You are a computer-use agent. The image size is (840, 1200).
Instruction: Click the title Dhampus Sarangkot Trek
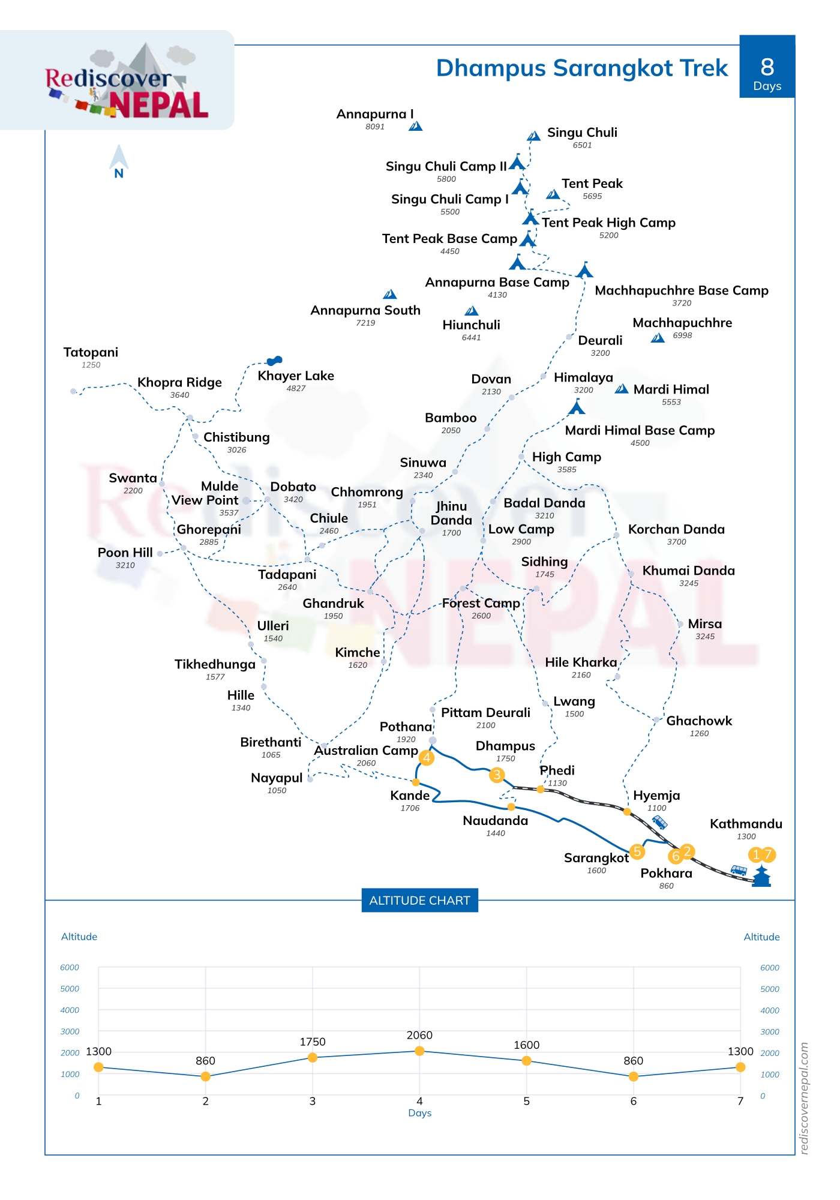(x=581, y=68)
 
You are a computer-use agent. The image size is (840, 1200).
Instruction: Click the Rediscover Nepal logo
(x=128, y=83)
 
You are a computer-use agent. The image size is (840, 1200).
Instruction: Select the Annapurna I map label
(x=375, y=114)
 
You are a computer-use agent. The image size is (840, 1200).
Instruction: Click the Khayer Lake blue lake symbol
(x=275, y=361)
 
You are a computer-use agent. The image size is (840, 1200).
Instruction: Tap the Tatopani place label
(x=91, y=352)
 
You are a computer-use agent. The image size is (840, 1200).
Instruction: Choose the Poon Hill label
(x=125, y=553)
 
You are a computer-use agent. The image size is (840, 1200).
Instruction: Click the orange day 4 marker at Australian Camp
(x=427, y=758)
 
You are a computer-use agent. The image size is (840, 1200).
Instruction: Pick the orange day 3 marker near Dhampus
(x=497, y=775)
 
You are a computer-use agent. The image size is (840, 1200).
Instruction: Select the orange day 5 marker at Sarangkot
(x=637, y=851)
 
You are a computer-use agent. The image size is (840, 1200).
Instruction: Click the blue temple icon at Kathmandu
(x=761, y=876)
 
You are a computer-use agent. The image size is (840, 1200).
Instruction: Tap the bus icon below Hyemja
(x=659, y=821)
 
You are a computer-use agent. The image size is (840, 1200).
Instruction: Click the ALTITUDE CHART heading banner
(x=419, y=901)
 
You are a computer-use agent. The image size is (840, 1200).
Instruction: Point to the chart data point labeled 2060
(x=419, y=1051)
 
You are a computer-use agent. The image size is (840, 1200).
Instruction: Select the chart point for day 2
(x=205, y=1076)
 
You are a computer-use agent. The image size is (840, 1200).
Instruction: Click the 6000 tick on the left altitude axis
(x=70, y=967)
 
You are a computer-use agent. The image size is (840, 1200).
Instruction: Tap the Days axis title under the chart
(x=419, y=1113)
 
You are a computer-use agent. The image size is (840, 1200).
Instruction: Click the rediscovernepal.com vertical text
(x=805, y=1097)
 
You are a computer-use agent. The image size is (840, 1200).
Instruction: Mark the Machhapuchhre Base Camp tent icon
(x=584, y=271)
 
